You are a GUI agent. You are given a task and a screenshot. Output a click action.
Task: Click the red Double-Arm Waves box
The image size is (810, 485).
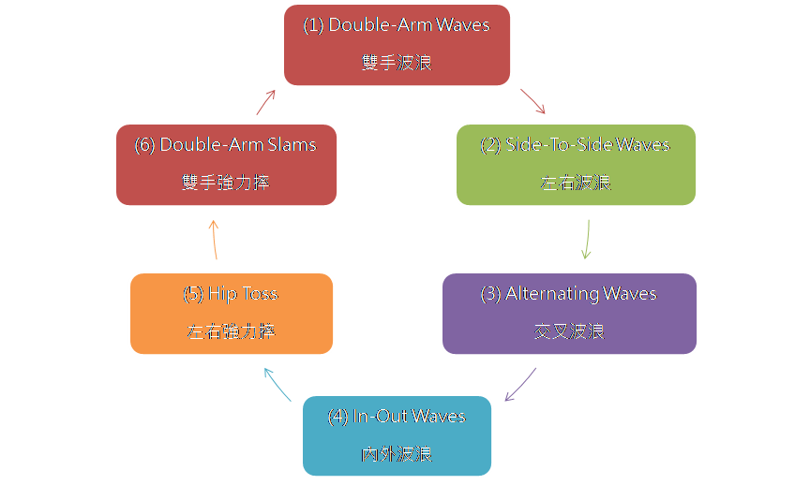(397, 44)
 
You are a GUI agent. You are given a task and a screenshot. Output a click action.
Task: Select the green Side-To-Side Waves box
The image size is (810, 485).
(576, 164)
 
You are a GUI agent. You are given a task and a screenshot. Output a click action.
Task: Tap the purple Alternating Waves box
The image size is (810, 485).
(569, 313)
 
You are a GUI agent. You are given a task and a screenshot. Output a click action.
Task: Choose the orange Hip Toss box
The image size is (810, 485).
(231, 313)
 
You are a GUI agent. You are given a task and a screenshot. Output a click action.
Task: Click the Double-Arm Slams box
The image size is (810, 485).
(226, 164)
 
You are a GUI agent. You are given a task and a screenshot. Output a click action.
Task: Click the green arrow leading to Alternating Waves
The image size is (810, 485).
(587, 239)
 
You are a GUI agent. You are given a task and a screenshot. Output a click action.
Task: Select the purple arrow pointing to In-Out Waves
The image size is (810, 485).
(520, 384)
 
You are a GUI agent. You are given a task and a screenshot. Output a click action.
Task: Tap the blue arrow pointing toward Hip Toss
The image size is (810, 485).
(277, 384)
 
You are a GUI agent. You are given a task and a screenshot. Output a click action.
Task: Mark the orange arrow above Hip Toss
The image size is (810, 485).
(214, 240)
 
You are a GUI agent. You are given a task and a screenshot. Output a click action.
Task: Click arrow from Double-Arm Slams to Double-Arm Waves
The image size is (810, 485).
(266, 101)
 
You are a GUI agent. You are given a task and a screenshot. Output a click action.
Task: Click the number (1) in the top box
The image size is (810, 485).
(312, 25)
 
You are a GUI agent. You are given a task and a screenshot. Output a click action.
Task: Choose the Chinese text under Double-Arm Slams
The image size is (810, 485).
(225, 184)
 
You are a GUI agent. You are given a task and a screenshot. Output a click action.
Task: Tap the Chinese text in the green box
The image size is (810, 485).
(576, 184)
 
